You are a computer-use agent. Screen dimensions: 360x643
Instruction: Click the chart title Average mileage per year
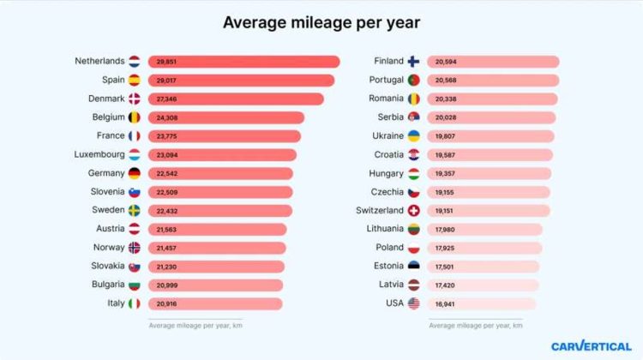(x=321, y=22)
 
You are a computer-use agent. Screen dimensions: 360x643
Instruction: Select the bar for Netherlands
(x=243, y=62)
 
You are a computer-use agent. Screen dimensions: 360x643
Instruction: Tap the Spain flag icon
(x=134, y=80)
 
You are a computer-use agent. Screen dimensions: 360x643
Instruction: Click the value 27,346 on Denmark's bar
(x=167, y=99)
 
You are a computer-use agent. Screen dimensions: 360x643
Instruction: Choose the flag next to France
(x=134, y=136)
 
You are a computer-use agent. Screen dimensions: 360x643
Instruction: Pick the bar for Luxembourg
(x=222, y=155)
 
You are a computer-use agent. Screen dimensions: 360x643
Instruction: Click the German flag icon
(x=134, y=173)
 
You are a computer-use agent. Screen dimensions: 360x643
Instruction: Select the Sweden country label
(x=109, y=210)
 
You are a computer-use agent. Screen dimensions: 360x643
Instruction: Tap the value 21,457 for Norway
(x=167, y=248)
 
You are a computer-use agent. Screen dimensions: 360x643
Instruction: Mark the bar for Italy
(x=215, y=303)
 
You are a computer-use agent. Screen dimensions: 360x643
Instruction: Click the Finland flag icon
(x=413, y=62)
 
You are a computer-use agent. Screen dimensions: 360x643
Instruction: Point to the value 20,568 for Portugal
(x=446, y=81)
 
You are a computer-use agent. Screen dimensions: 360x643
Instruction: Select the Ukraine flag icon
(x=413, y=136)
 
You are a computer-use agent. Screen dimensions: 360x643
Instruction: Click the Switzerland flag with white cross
(x=413, y=211)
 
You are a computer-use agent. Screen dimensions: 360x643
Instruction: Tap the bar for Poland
(x=484, y=248)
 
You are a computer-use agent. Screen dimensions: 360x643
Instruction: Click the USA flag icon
(x=413, y=303)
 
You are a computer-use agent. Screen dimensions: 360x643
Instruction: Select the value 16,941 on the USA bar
(x=446, y=303)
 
